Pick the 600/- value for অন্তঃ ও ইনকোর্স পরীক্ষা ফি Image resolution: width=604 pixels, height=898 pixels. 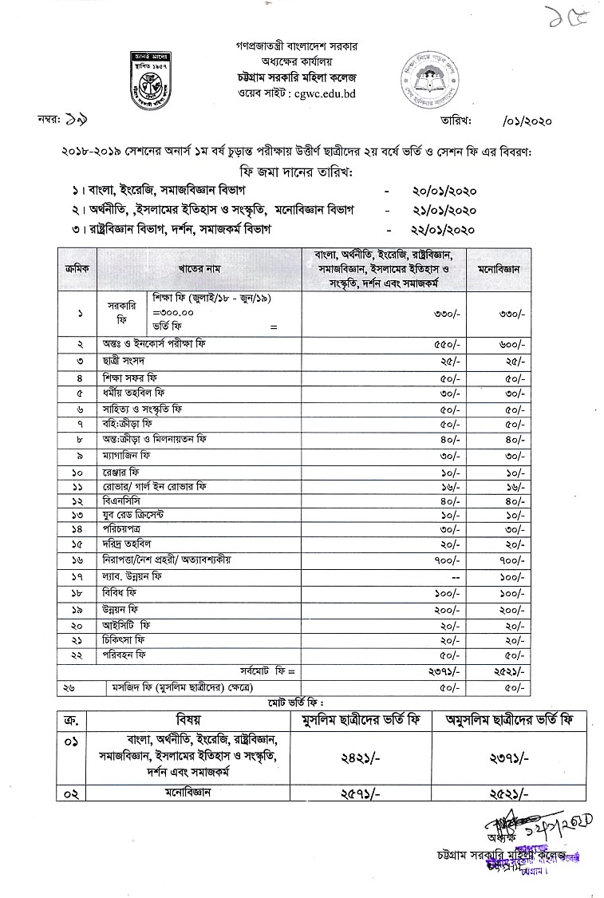coord(511,344)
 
